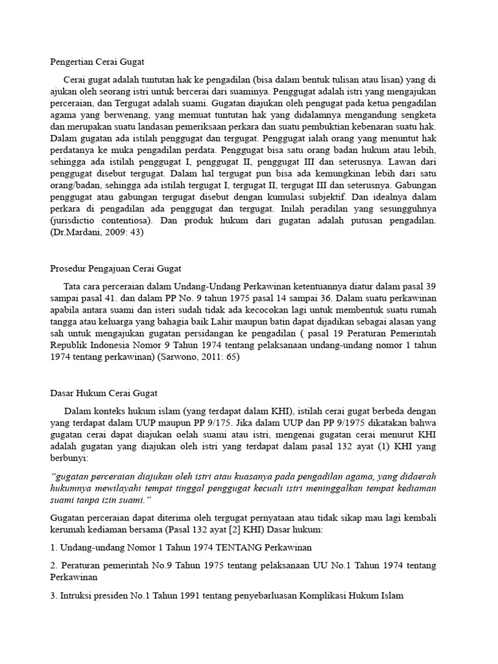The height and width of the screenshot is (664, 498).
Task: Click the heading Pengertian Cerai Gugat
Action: click(97, 62)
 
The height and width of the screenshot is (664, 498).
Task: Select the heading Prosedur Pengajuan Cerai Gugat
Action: click(115, 268)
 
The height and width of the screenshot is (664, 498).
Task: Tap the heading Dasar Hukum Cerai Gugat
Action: click(103, 393)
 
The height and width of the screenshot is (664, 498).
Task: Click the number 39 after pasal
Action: click(430, 286)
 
